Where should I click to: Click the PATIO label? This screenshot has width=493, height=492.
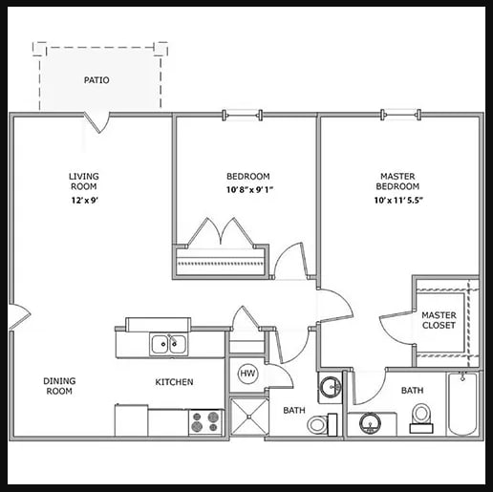coord(96,80)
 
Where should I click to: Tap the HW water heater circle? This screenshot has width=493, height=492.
coord(247,374)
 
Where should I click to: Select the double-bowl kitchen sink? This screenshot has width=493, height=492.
coord(169,344)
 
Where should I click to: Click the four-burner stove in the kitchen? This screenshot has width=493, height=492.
coord(206,422)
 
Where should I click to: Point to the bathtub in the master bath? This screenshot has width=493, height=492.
coord(462,404)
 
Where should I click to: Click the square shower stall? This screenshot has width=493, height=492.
coord(249,417)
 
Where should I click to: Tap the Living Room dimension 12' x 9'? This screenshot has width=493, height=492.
coord(84,201)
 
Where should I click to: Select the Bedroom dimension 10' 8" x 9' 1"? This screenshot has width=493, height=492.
coord(250,190)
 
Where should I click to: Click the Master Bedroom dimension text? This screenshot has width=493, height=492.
coord(398,201)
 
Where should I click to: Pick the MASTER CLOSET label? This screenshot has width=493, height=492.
coord(439,320)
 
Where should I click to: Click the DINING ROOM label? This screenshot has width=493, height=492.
coord(59,386)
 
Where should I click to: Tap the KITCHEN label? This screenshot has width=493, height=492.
coord(174,382)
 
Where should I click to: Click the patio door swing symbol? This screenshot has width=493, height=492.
coord(97,122)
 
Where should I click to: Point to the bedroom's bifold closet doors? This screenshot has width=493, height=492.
coord(222,232)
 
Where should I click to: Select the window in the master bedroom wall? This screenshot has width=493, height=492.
coord(401,115)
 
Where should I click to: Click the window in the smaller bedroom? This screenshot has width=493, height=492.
coord(243,115)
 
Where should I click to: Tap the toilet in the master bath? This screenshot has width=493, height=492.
coord(421,418)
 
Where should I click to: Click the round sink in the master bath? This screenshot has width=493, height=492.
coord(370,423)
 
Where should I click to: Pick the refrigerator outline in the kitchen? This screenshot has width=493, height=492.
coord(131,420)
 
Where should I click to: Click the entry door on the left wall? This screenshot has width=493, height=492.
coord(20,317)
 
